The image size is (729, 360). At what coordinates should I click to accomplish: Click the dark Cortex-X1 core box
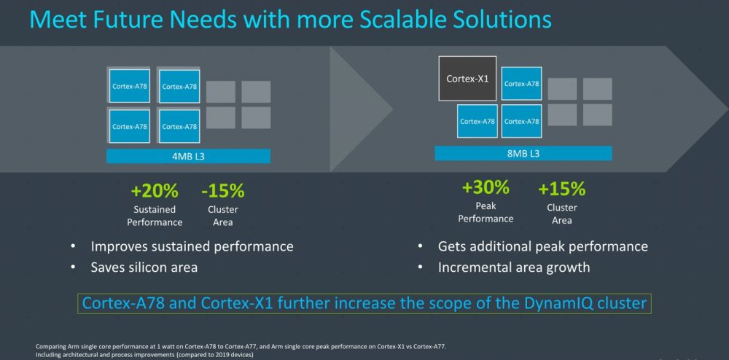467,79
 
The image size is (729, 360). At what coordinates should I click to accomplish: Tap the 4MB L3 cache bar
188,156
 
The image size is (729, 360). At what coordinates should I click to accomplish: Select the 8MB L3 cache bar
523,153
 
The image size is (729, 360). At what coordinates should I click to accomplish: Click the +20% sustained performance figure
155,190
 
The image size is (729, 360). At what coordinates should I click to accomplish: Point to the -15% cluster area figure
222,190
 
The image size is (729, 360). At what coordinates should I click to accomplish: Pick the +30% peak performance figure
486,188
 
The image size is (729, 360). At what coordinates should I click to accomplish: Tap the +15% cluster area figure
561,189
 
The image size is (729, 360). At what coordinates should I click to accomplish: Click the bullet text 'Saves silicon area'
144,267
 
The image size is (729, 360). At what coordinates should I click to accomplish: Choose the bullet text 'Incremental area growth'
514,267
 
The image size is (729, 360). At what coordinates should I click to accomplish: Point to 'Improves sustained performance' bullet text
192,246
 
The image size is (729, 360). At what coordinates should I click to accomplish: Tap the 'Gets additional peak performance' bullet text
542,246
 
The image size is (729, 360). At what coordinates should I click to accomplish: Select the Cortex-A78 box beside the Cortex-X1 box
521,84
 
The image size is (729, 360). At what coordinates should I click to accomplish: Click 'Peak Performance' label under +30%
486,212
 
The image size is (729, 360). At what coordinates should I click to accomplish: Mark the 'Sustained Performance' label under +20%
155,216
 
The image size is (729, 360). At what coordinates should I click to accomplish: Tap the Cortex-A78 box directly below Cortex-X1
477,121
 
